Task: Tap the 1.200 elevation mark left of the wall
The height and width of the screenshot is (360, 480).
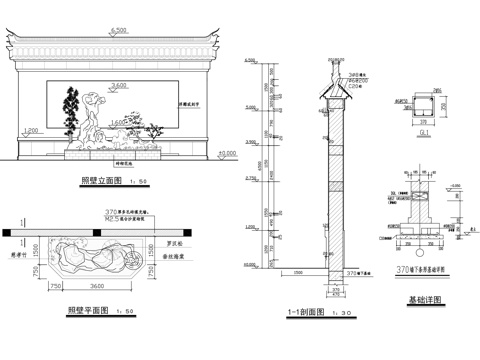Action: coord(30,131)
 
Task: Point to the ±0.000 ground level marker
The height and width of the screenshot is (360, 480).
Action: coord(225,153)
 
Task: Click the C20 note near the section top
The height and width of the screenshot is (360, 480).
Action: coord(354,87)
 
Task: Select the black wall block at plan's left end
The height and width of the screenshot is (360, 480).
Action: coord(8,231)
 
